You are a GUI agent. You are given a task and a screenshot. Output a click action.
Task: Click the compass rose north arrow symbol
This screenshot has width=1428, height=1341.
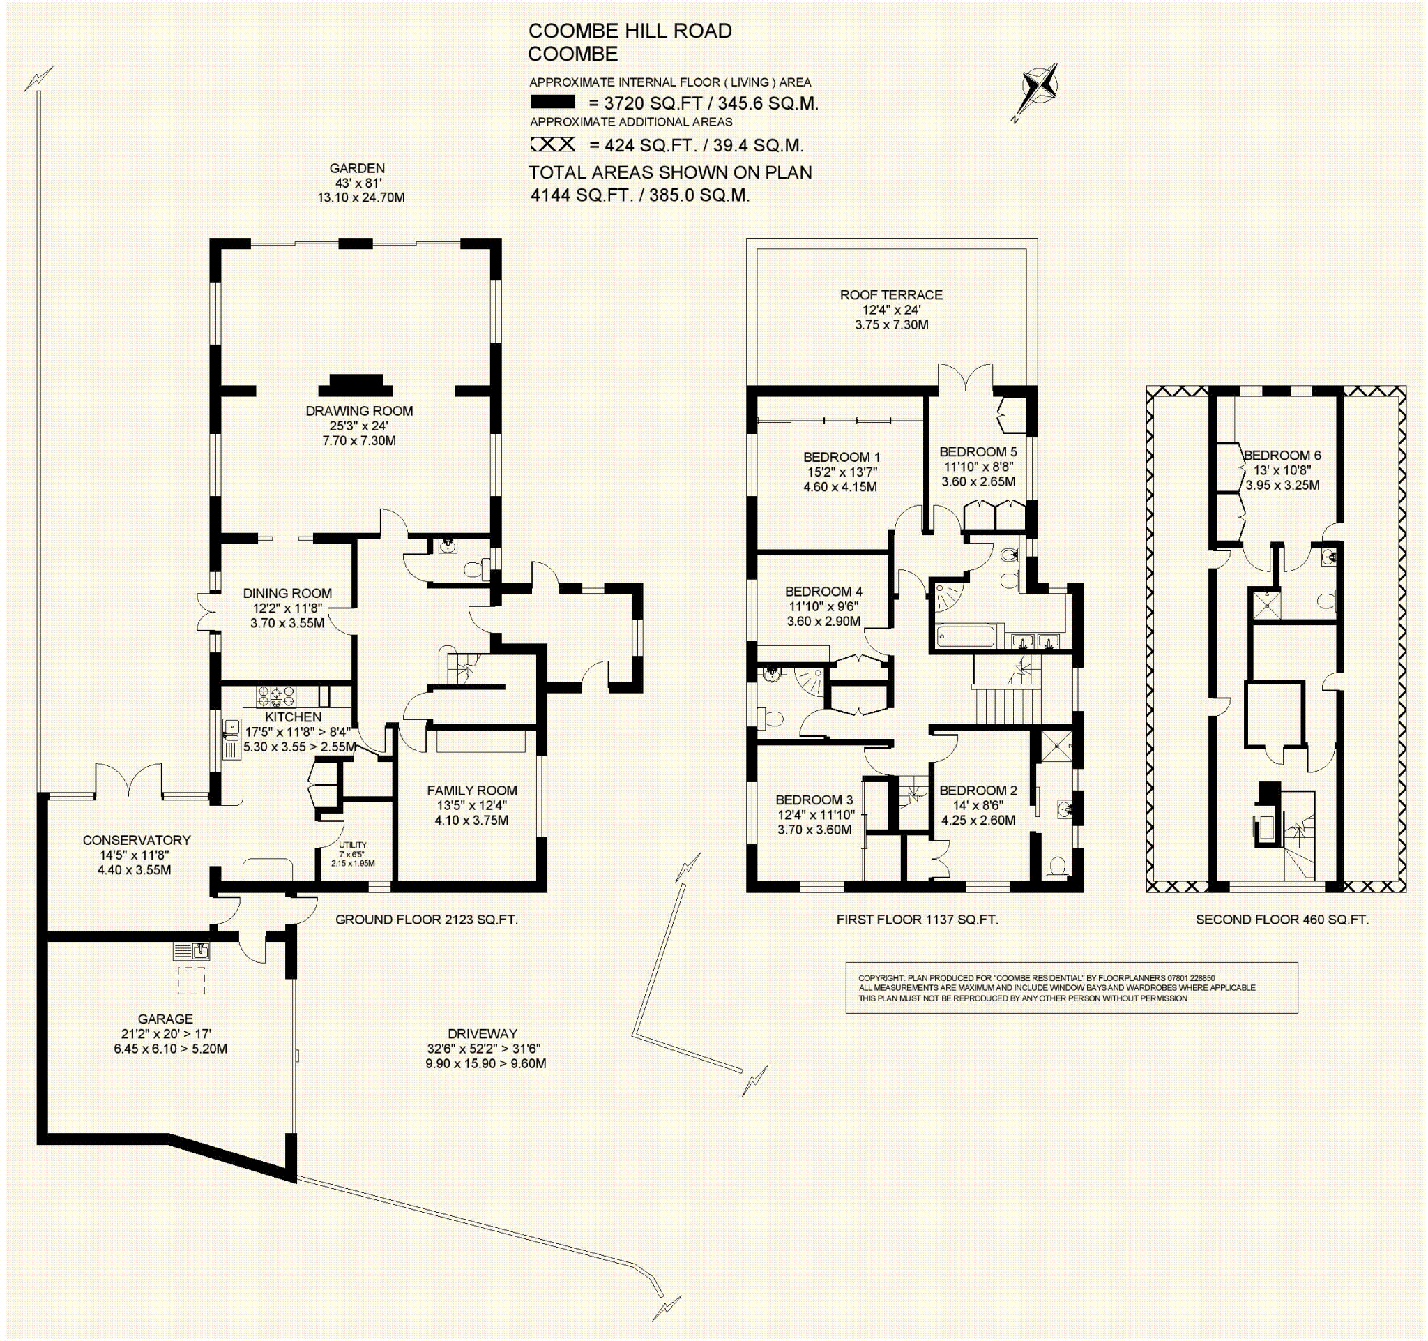click(x=1040, y=91)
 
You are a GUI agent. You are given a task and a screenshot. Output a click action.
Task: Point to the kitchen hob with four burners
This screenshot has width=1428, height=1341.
click(x=276, y=695)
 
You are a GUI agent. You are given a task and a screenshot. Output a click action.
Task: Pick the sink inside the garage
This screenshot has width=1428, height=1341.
click(x=192, y=952)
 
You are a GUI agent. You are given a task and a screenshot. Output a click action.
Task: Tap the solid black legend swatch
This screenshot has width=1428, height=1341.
click(x=552, y=102)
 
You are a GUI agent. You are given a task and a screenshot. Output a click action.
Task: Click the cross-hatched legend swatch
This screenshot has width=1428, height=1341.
click(x=552, y=144)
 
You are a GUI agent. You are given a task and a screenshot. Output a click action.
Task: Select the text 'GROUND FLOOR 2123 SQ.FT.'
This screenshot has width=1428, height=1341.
click(x=427, y=919)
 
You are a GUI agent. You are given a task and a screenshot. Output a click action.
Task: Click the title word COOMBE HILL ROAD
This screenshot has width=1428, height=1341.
click(x=630, y=31)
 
